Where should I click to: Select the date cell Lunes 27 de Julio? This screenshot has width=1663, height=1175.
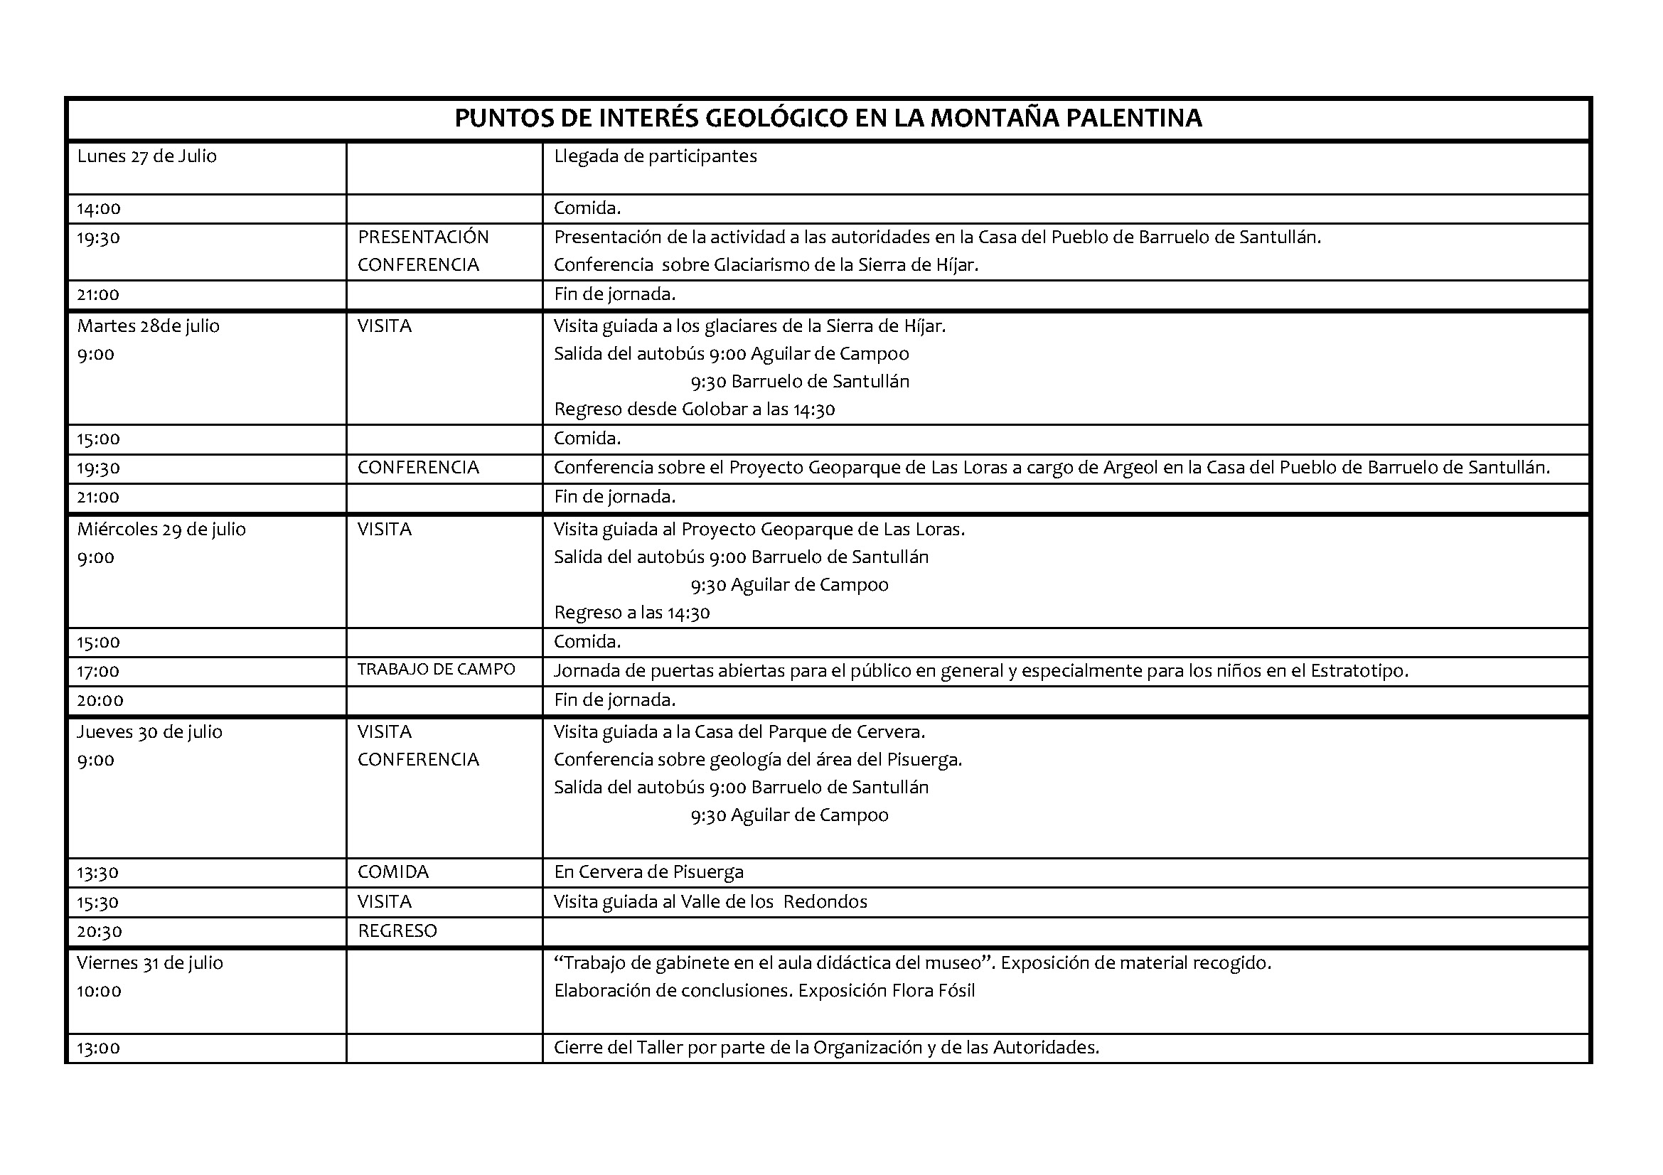coord(147,156)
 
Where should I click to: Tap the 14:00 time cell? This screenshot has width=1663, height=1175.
coord(100,209)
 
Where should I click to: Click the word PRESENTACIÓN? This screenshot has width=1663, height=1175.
coord(423,237)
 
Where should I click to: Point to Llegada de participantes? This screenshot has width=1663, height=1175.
coord(655,156)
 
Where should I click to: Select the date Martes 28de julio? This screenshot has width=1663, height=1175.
coord(149,326)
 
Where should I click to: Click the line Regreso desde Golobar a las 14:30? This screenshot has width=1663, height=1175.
coord(694,409)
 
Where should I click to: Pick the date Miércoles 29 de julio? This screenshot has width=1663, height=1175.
coord(161,530)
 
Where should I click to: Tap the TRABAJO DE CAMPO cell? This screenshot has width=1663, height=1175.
coord(436,670)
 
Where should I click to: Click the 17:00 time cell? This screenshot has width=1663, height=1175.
coord(99,672)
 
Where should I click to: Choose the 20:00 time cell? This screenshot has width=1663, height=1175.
coord(100,701)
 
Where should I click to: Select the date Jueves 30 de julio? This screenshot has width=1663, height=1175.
coord(149,732)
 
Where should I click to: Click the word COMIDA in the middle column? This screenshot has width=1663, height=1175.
coord(392,871)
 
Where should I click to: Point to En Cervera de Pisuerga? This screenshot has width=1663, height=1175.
coord(648,871)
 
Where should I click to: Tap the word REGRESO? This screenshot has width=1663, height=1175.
coord(397,931)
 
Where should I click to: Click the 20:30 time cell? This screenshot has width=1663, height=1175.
coord(100,932)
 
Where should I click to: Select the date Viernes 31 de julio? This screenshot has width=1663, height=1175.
coord(150,963)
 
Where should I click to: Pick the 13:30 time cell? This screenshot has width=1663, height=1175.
coord(98,873)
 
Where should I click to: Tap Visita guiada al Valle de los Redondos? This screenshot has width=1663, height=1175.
coord(710,902)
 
